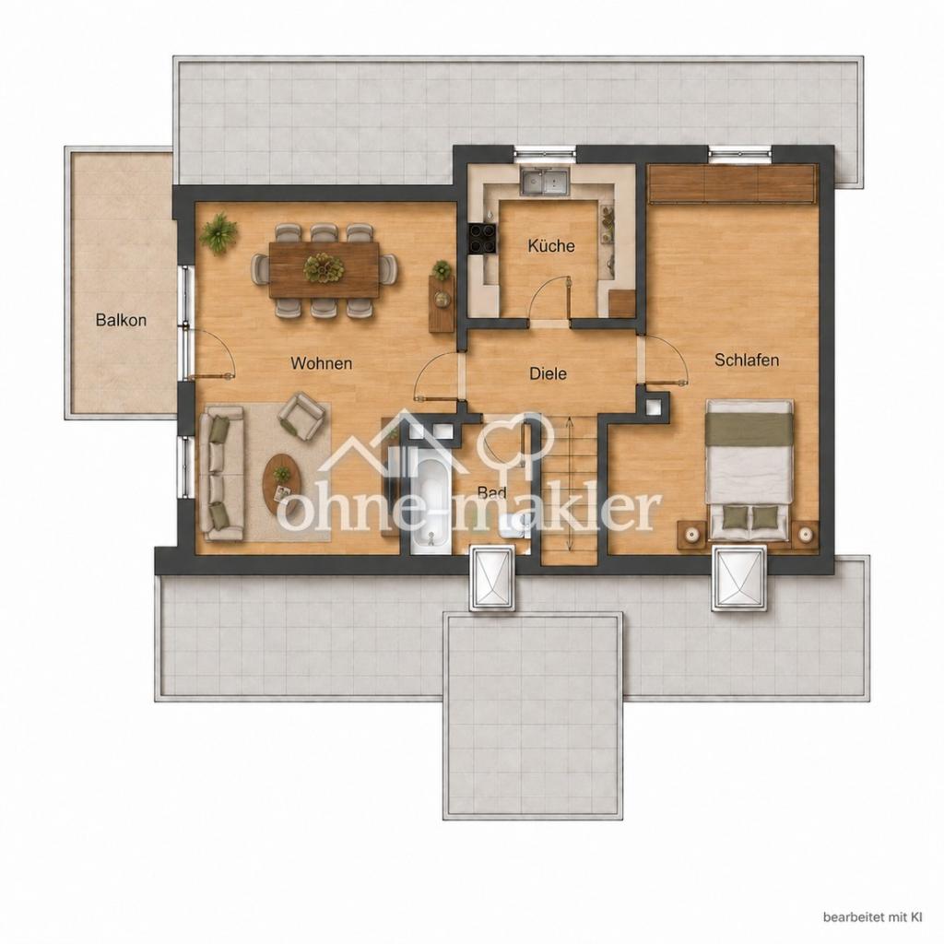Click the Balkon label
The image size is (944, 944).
pyautogui.click(x=121, y=320)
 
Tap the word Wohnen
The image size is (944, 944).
pyautogui.click(x=321, y=363)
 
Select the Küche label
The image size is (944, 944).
pyautogui.click(x=551, y=245)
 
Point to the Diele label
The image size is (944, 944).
pyautogui.click(x=548, y=373)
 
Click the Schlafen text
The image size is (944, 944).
pyautogui.click(x=747, y=360)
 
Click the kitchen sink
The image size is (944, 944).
pyautogui.click(x=544, y=182)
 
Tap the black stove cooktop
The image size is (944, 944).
pyautogui.click(x=483, y=239)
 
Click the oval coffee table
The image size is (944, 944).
pyautogui.click(x=282, y=481)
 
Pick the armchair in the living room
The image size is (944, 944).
pyautogui.click(x=301, y=415)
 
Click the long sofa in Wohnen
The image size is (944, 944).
pyautogui.click(x=222, y=473)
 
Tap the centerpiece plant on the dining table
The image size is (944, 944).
pyautogui.click(x=324, y=268)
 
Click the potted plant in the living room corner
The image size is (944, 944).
pyautogui.click(x=218, y=233)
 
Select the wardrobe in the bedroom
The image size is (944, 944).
pyautogui.click(x=732, y=184)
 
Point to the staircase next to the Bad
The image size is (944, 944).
pyautogui.click(x=569, y=487)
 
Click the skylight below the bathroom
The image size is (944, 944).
pyautogui.click(x=492, y=579)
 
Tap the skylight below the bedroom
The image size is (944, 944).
pyautogui.click(x=739, y=578)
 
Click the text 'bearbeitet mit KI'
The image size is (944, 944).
pyautogui.click(x=872, y=917)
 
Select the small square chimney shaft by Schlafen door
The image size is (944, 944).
pyautogui.click(x=654, y=407)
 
